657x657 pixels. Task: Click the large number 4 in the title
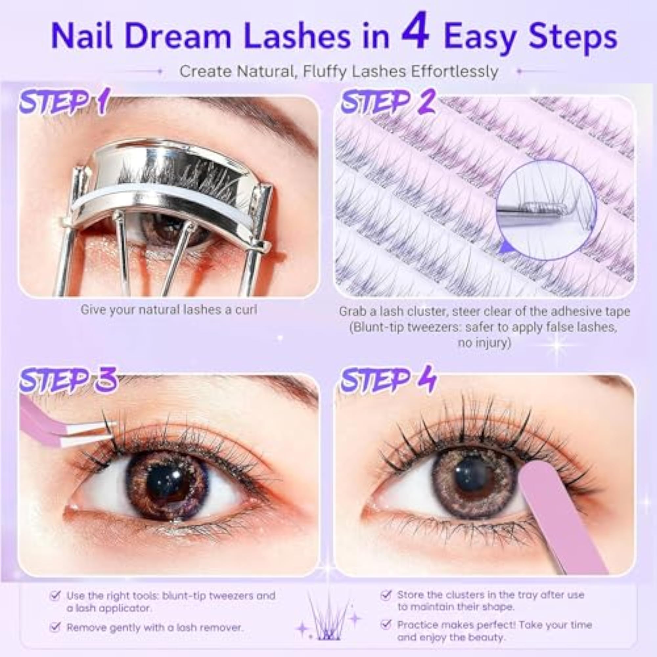[415, 31]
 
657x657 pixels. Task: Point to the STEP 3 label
[68, 379]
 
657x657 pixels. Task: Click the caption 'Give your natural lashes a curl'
[169, 310]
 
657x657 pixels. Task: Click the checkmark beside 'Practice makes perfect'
[385, 624]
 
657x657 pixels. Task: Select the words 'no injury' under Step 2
[484, 342]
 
